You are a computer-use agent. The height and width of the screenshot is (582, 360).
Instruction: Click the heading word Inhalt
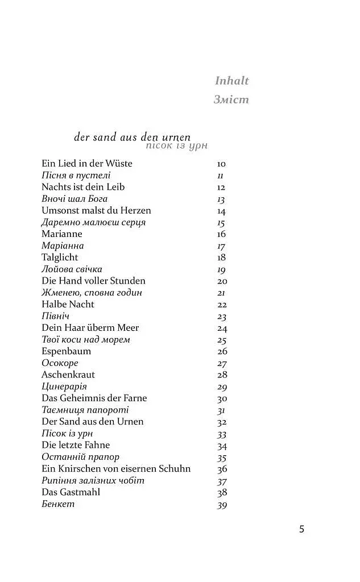tap(231, 81)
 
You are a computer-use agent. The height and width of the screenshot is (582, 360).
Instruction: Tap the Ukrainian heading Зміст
tap(231, 99)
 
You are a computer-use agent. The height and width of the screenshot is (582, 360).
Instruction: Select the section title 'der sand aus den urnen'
tap(132, 137)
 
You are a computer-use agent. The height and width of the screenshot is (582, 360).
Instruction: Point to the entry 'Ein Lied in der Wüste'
tap(86, 164)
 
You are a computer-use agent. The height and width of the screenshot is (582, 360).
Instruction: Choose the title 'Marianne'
tap(61, 234)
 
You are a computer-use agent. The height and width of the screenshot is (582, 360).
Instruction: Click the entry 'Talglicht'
tap(60, 257)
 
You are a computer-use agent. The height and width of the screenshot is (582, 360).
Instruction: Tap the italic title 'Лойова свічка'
tap(72, 269)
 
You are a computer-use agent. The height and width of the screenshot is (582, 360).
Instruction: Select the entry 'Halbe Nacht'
tap(68, 304)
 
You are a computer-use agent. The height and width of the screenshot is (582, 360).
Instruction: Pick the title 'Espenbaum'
tap(66, 351)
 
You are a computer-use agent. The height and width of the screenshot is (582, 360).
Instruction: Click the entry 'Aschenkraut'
tap(68, 375)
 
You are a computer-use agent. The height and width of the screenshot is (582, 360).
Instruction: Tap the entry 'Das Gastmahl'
tap(71, 492)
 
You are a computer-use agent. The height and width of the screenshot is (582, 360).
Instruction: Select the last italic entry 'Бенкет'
tap(58, 504)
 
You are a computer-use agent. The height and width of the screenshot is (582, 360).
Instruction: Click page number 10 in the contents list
tap(221, 164)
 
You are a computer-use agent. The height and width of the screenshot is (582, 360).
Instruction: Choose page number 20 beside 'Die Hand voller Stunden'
tap(222, 281)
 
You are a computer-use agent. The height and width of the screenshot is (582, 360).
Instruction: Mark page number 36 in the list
tap(222, 469)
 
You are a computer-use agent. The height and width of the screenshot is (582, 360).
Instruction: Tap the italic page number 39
tap(222, 504)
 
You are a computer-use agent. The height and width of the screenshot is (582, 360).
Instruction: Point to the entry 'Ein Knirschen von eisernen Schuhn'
tap(116, 469)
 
